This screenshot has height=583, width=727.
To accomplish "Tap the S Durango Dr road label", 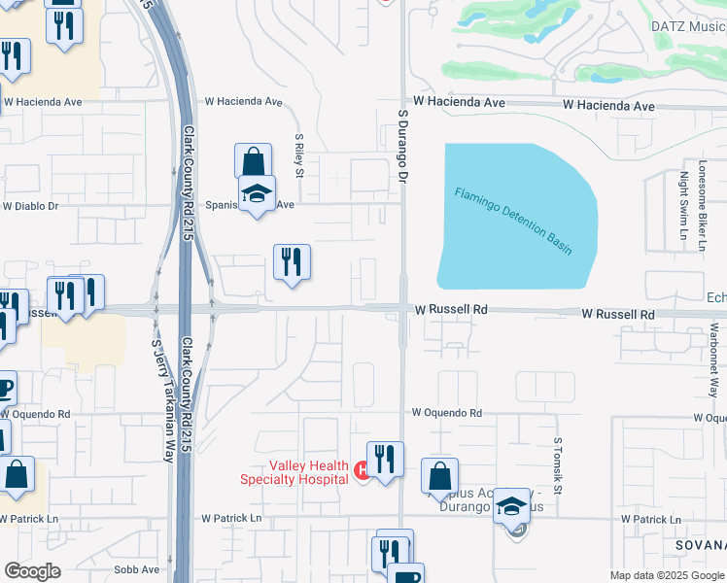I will pyautogui.click(x=400, y=146).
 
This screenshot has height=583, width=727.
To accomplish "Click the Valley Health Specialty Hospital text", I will pyautogui.click(x=294, y=472).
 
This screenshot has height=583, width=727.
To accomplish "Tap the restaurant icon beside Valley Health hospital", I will pyautogui.click(x=385, y=458).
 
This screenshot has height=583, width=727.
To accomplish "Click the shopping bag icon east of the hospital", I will pyautogui.click(x=439, y=476).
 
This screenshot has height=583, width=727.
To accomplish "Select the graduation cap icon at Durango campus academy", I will pyautogui.click(x=512, y=505).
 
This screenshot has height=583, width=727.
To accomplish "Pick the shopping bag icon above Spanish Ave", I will pyautogui.click(x=253, y=160).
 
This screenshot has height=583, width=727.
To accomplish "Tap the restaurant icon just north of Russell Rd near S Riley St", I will pyautogui.click(x=292, y=261).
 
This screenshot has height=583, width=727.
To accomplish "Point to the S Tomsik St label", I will pyautogui.click(x=559, y=465).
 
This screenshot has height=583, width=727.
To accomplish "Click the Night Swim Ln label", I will pyautogui.click(x=683, y=203).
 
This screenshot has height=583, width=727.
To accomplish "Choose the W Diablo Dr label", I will pyautogui.click(x=30, y=206).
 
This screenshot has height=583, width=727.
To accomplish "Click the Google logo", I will pyautogui.click(x=31, y=571).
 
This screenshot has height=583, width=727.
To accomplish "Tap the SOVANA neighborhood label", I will pyautogui.click(x=701, y=546).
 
